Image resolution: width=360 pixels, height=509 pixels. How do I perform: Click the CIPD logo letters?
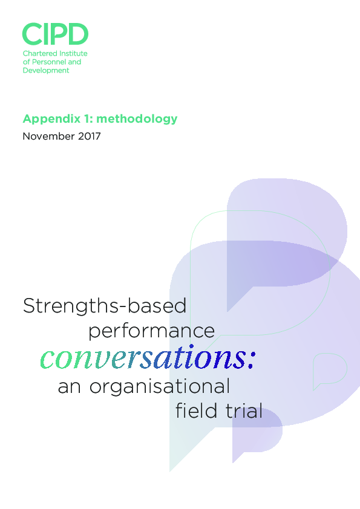(55, 34)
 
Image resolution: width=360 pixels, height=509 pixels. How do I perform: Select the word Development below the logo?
(46, 70)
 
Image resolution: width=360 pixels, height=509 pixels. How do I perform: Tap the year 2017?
(89, 136)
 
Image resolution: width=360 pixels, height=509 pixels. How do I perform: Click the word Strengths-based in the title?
(105, 306)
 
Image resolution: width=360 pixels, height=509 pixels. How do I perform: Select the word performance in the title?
(151, 331)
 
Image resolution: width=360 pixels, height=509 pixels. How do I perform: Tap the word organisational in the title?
(160, 386)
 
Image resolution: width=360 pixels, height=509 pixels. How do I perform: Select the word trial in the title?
(242, 411)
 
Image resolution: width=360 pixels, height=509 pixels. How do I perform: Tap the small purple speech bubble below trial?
(257, 432)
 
